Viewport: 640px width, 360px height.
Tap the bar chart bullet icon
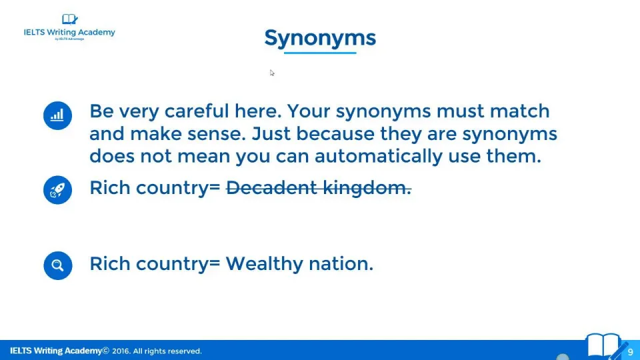pyautogui.click(x=57, y=115)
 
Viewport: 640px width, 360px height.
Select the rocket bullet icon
pyautogui.click(x=57, y=190)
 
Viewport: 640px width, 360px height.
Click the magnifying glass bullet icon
pyautogui.click(x=58, y=265)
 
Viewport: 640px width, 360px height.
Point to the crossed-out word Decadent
pyautogui.click(x=271, y=187)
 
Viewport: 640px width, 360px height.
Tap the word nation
pyautogui.click(x=341, y=264)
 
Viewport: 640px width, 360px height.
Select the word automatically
pyautogui.click(x=379, y=156)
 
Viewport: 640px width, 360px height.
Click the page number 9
pyautogui.click(x=630, y=352)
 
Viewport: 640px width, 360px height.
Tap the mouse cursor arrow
pyautogui.click(x=272, y=73)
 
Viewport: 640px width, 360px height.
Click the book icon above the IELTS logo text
pyautogui.click(x=69, y=19)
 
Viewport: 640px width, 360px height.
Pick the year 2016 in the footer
pyautogui.click(x=121, y=351)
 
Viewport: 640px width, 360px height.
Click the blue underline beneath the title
pyautogui.click(x=320, y=53)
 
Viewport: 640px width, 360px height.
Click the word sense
pyautogui.click(x=216, y=134)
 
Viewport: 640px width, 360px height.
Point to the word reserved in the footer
pyautogui.click(x=183, y=351)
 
